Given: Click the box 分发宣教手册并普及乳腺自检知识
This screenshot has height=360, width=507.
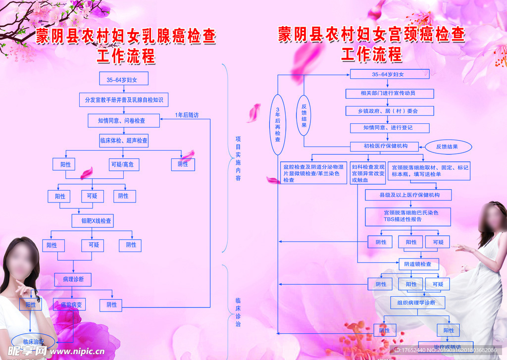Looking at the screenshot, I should point(124,100).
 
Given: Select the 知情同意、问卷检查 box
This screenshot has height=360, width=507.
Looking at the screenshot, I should point(124,120).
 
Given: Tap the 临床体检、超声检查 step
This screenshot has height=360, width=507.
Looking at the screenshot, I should point(124,141).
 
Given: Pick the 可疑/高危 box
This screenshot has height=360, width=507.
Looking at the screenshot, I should point(121,164).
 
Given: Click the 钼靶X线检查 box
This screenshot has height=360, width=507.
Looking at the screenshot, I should point(93,220).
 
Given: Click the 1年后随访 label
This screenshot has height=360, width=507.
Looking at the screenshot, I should point(187,115).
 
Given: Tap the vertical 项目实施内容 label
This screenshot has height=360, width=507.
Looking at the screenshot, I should point(238,158).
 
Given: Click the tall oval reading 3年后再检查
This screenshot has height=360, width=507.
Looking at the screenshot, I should point(278,125).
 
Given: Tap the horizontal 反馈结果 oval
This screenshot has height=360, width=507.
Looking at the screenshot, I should point(447,147).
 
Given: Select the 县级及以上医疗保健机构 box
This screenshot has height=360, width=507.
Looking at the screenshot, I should point(409,195).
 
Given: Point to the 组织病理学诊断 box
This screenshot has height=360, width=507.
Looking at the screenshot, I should point(416,302).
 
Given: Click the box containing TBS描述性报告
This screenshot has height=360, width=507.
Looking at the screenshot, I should point(409,216).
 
